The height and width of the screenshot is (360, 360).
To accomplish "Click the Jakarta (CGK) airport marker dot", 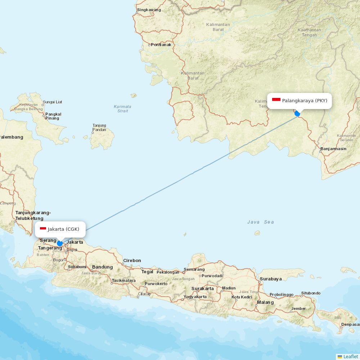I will [x=60, y=243].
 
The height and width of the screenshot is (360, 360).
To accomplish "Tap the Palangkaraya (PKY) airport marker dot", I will [x=297, y=113].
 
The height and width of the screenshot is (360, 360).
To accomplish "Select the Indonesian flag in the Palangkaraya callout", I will [x=276, y=99].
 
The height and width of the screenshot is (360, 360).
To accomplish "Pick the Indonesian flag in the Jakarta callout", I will [x=43, y=229].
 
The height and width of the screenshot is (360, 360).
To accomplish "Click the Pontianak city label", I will [x=161, y=45].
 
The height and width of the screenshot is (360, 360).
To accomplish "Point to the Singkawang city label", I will [x=149, y=10].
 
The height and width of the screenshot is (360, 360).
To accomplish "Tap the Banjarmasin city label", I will [x=333, y=149].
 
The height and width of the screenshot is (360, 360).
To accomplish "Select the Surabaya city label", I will [x=271, y=279].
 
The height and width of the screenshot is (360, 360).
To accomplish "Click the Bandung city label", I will [x=102, y=267].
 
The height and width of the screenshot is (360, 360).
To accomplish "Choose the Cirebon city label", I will [x=132, y=260].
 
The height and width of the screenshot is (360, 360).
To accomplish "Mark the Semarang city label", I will [x=194, y=269].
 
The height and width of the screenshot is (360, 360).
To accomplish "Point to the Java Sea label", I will [x=261, y=222].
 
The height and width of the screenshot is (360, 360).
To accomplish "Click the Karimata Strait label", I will [x=122, y=109].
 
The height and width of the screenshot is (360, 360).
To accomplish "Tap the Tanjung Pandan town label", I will [x=99, y=127].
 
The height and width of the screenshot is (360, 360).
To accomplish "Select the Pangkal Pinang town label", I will [x=53, y=116].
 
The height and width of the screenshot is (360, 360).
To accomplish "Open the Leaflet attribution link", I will [x=350, y=356].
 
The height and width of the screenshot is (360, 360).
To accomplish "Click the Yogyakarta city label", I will [x=195, y=297].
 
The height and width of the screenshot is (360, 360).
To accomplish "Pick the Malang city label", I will [x=265, y=302].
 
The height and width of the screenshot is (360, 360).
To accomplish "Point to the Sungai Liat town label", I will [x=53, y=102].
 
